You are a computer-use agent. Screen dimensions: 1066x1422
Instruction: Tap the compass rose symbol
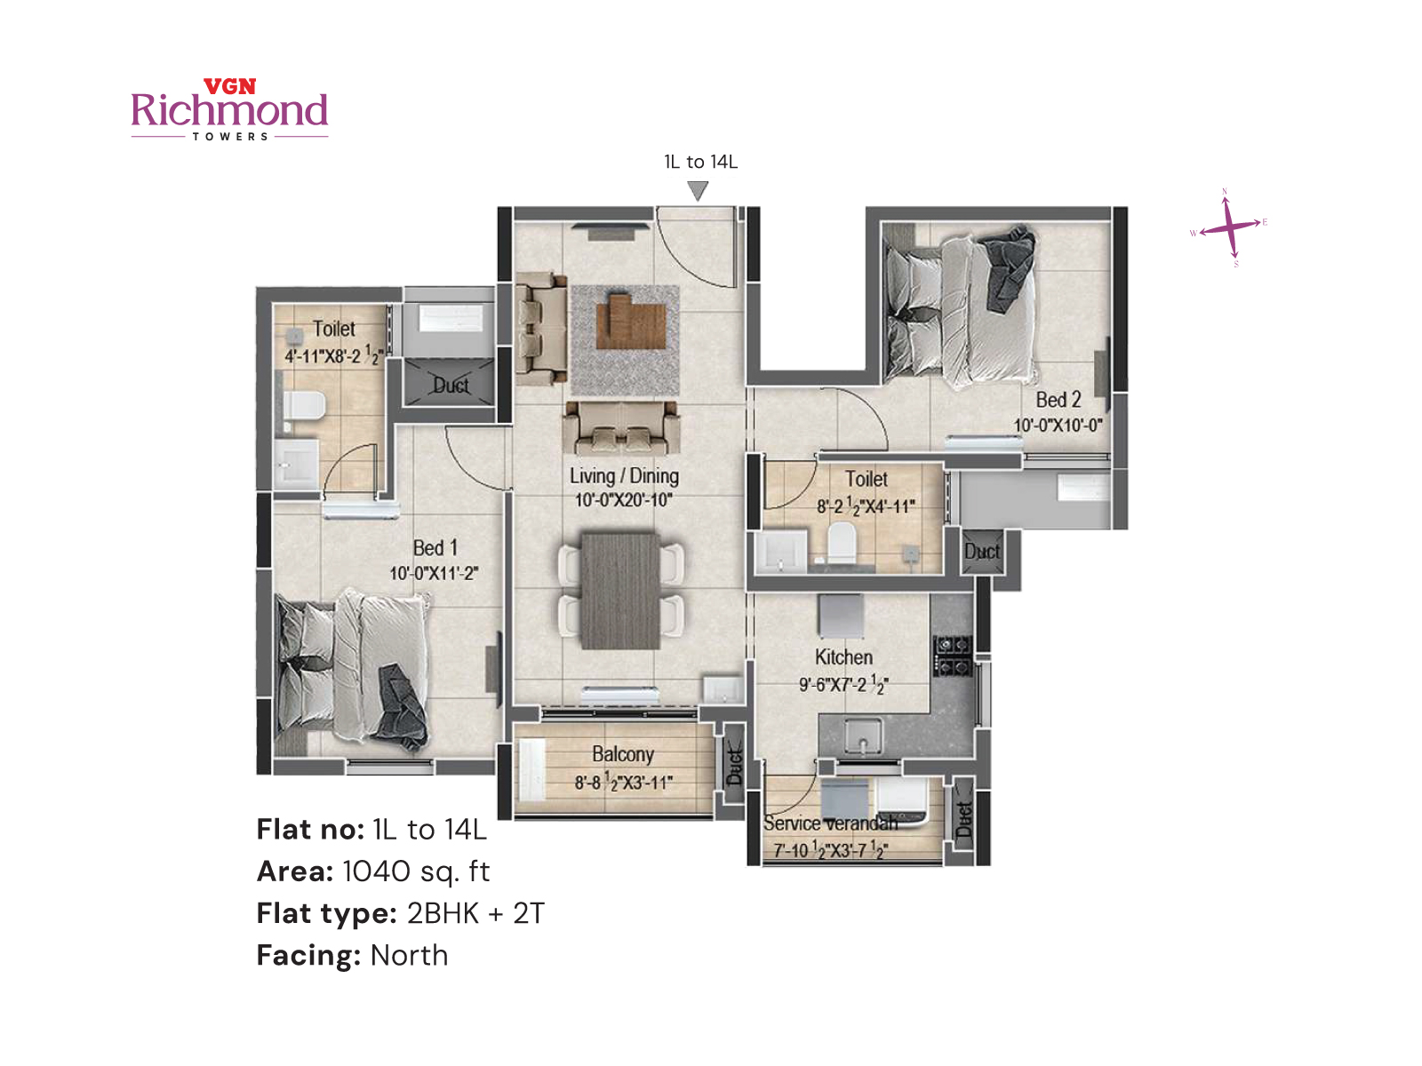(x=1229, y=227)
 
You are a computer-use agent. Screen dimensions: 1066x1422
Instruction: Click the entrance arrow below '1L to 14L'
(x=699, y=190)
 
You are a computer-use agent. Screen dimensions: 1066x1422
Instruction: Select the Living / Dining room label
(x=624, y=476)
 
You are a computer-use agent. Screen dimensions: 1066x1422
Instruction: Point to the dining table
(x=620, y=590)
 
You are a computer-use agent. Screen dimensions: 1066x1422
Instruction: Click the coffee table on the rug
(x=630, y=322)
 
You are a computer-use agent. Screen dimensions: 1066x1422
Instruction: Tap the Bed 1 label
(x=435, y=548)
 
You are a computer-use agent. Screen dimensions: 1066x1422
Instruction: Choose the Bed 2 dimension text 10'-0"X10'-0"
(x=1058, y=426)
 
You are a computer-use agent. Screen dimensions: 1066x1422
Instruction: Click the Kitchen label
(x=843, y=657)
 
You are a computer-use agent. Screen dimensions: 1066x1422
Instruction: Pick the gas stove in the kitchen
(x=952, y=656)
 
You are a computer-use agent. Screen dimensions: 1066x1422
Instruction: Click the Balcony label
(x=623, y=754)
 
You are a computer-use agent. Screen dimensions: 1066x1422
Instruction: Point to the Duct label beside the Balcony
(x=734, y=766)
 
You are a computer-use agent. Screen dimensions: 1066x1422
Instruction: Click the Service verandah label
(x=830, y=823)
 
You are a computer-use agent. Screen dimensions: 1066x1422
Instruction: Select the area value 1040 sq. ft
(x=415, y=871)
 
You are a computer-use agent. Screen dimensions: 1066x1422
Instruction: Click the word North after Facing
(x=409, y=955)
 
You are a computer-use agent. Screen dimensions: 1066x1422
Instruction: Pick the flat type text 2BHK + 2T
(x=475, y=913)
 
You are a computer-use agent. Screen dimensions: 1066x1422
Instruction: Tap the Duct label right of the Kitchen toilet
(x=982, y=552)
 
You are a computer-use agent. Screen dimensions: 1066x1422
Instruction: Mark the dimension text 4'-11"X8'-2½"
(x=333, y=356)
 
